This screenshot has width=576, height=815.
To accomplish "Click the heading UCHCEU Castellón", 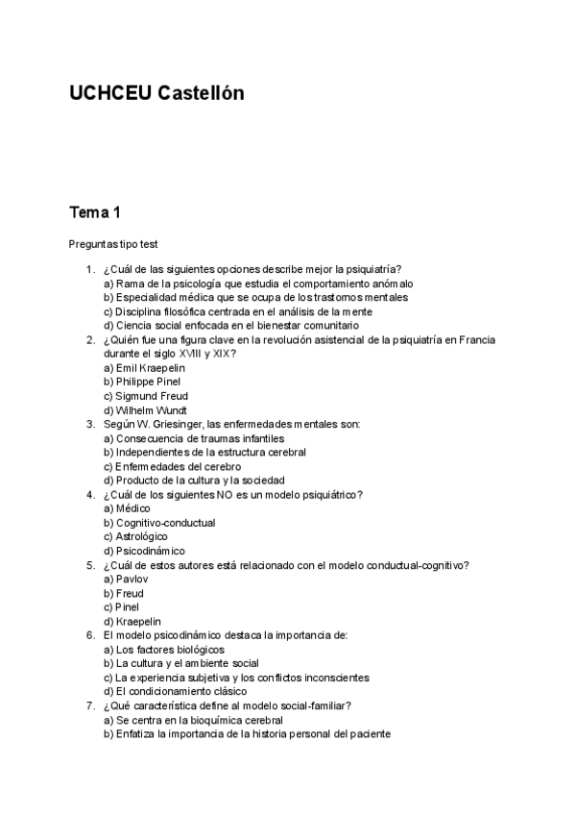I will (x=156, y=93).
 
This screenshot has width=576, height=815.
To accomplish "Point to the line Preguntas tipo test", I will (x=112, y=245).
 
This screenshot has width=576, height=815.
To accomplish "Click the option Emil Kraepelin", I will (x=145, y=368).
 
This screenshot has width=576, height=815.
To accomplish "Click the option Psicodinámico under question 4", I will (x=144, y=551).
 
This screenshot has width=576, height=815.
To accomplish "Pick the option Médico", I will (x=127, y=508).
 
